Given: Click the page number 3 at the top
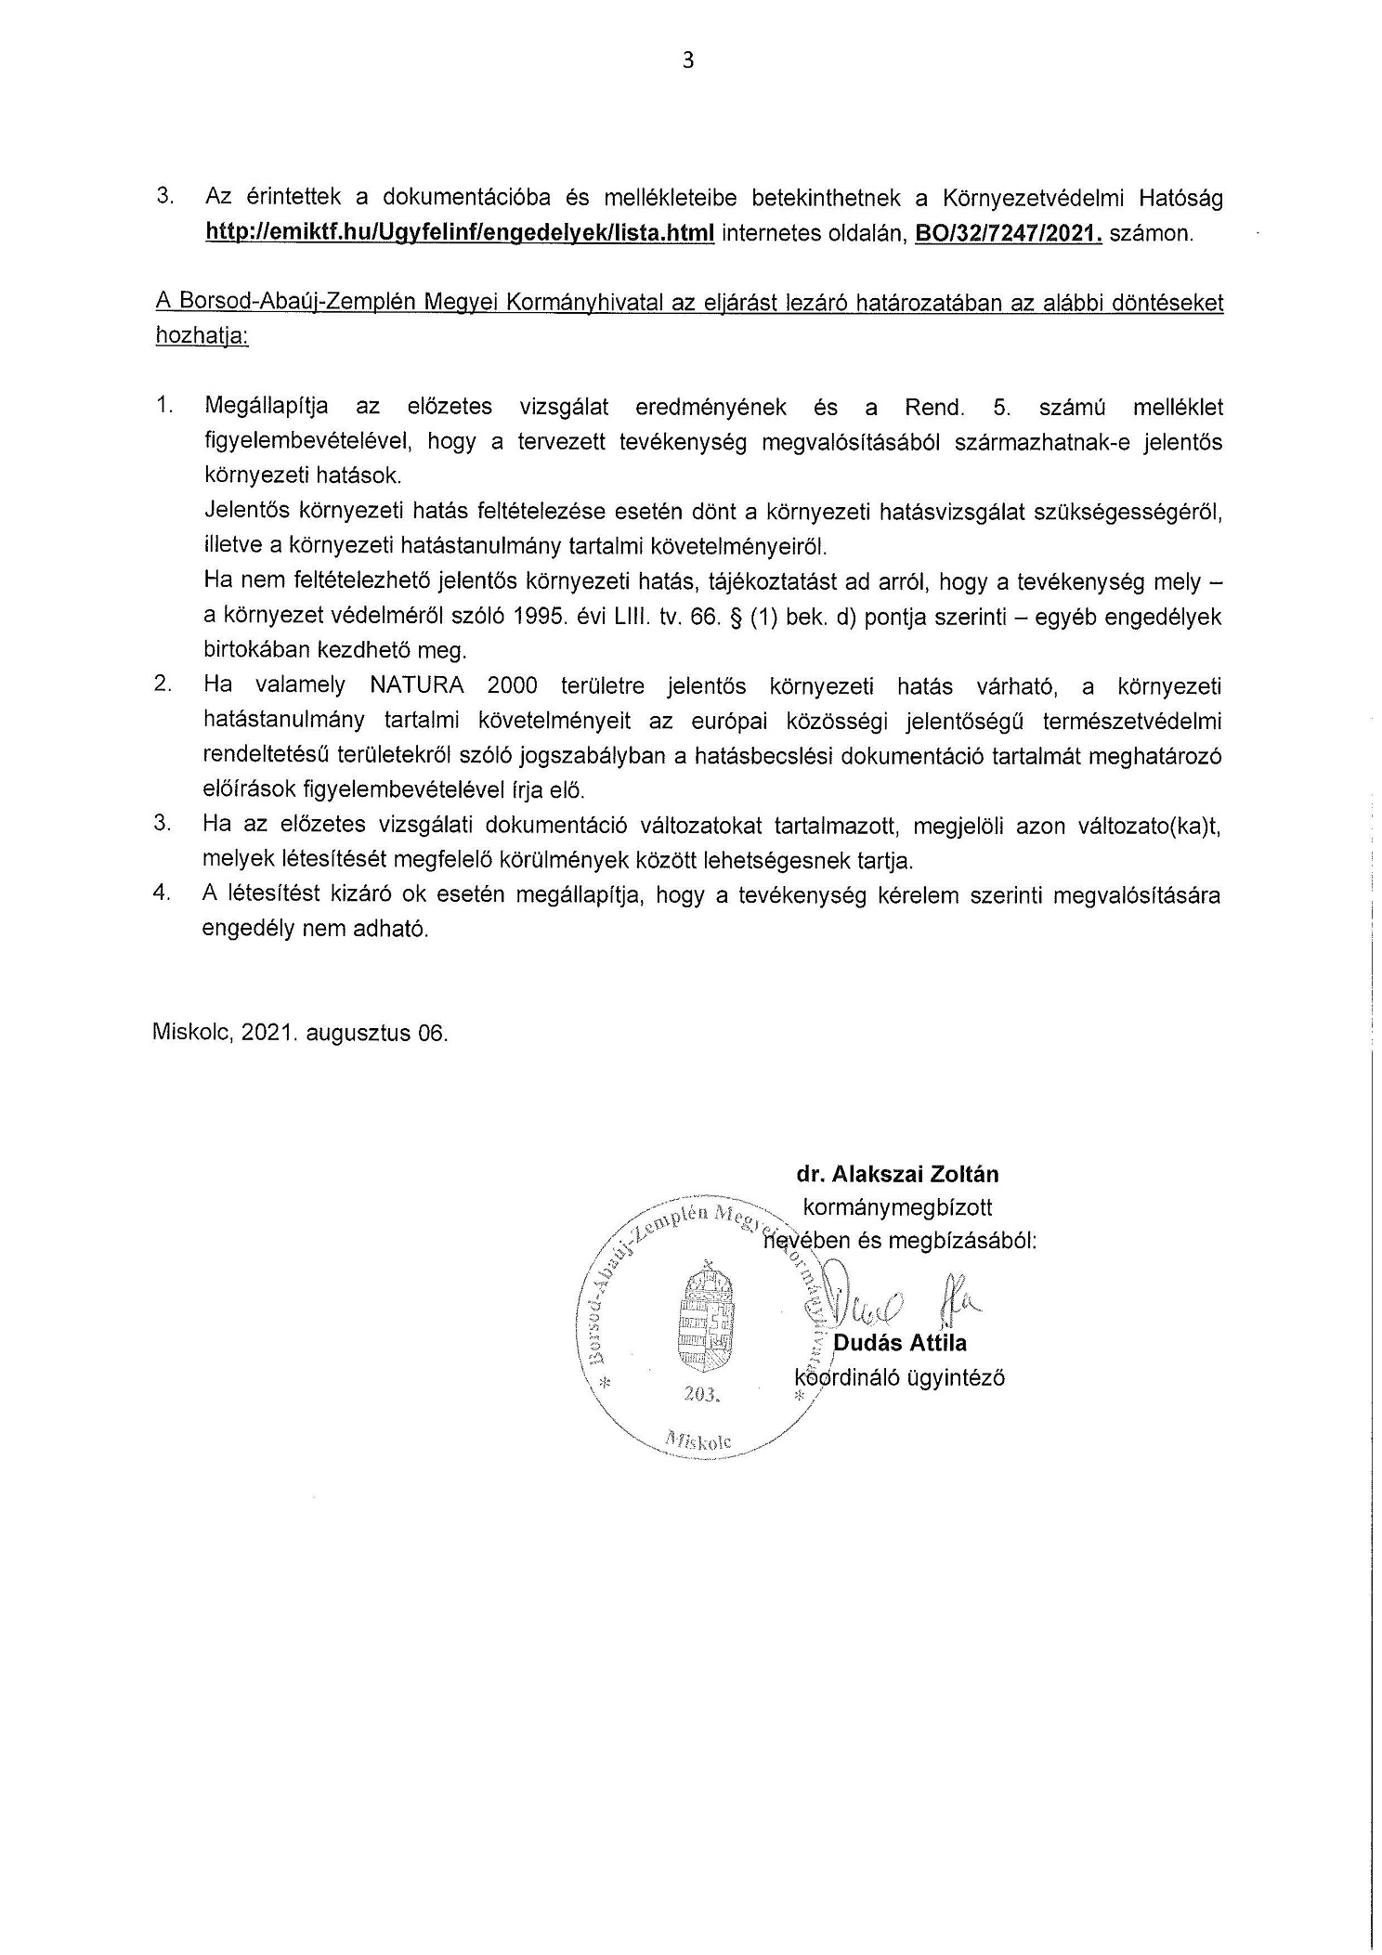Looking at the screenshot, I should (x=688, y=61).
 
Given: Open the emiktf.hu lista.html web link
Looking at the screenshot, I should (x=460, y=233).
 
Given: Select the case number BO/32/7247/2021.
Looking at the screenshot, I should (x=1009, y=233).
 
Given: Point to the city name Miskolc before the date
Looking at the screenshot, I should (x=190, y=1034).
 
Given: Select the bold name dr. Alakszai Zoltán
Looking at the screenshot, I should (x=897, y=1174).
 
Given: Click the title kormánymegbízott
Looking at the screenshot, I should (x=897, y=1207).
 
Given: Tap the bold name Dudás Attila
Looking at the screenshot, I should (x=900, y=1343).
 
